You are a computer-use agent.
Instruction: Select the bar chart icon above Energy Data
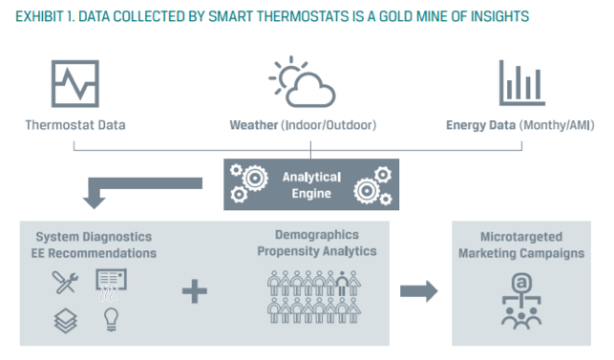tap(522, 83)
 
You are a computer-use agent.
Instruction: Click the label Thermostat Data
tap(74, 125)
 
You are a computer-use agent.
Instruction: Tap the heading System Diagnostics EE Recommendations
tap(94, 244)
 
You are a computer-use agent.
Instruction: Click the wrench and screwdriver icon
tap(66, 282)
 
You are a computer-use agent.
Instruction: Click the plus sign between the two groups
tap(194, 291)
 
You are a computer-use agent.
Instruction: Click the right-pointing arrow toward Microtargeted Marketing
tap(416, 290)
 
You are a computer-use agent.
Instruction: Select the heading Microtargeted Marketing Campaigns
tap(520, 245)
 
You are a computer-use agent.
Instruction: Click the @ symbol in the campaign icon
tap(520, 283)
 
